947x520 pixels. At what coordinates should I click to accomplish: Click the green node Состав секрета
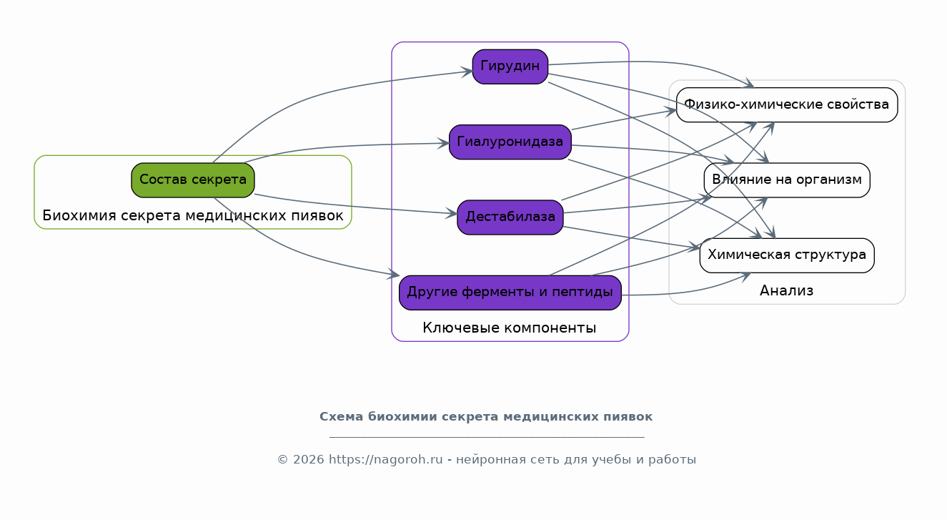[x=193, y=180]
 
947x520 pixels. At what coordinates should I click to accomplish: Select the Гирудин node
[x=510, y=67]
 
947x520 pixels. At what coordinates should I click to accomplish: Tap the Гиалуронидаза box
[x=510, y=142]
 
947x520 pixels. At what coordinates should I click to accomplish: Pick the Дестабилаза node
[x=510, y=217]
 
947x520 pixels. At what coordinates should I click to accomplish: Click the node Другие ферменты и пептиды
[x=510, y=293]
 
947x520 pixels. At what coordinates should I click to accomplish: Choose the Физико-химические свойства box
[x=787, y=105]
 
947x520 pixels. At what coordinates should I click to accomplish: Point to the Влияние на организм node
[x=787, y=180]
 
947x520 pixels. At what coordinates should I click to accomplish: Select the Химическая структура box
[x=787, y=255]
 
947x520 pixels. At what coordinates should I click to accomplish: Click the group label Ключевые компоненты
[x=509, y=328]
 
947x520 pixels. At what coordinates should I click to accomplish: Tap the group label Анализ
[x=786, y=290]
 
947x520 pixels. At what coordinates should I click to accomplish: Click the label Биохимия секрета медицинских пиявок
[x=193, y=216]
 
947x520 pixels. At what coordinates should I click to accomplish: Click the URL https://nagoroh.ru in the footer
[x=385, y=459]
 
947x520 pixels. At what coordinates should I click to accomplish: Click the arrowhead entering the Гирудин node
[x=467, y=72]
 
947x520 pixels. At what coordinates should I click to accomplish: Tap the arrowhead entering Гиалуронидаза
[x=444, y=144]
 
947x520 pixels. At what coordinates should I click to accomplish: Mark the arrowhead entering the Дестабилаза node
[x=452, y=213]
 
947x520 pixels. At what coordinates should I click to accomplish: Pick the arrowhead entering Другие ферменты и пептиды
[x=394, y=275]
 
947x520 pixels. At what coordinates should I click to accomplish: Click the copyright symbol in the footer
[x=282, y=460]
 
